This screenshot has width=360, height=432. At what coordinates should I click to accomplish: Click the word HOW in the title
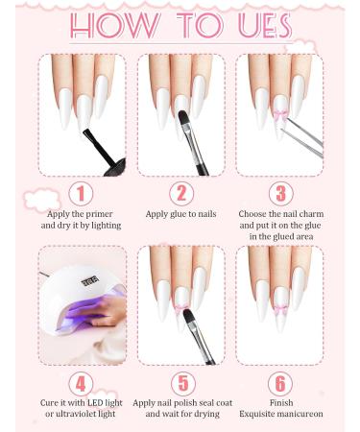pos(114,26)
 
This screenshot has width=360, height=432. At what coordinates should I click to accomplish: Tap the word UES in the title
pos(265,26)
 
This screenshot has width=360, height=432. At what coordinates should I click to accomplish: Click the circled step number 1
pos(81,194)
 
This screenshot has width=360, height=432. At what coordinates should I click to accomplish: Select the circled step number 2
pos(181,194)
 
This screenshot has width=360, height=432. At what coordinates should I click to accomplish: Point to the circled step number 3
pos(280,194)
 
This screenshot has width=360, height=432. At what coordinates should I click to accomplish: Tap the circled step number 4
pos(81,383)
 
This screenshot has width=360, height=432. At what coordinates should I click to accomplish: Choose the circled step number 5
pos(183,383)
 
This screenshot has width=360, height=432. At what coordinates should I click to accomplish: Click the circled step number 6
pos(280,383)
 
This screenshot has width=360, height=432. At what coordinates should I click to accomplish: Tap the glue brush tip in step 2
pos(183,118)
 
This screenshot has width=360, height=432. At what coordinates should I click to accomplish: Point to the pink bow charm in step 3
pos(279,115)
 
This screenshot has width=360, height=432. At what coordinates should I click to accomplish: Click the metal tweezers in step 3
pos(302,137)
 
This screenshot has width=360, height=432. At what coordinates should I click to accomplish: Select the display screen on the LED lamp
pos(90,282)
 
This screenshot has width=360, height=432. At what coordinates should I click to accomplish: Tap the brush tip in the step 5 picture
pos(189,317)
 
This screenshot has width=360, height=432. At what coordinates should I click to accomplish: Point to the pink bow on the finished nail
pos(280,309)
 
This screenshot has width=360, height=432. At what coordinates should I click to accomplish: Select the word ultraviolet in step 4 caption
pos(84,414)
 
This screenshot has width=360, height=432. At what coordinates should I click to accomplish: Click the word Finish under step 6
pos(281,402)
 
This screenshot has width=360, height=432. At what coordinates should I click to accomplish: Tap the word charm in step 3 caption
pos(311,214)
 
